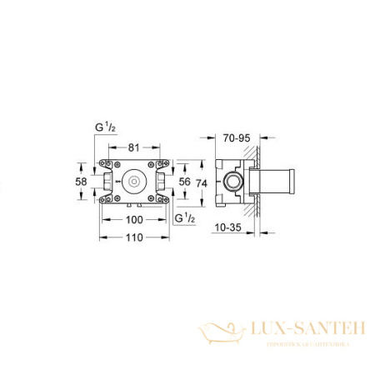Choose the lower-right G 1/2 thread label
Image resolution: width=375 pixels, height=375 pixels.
[186, 219]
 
